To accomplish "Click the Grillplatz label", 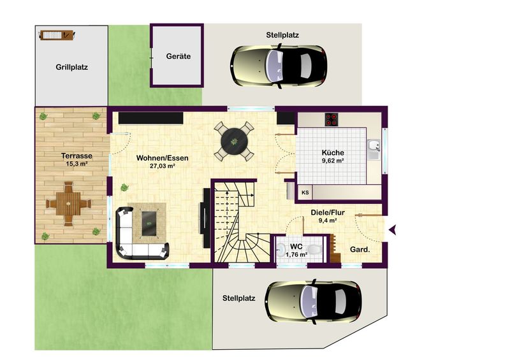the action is pyautogui.click(x=71, y=68).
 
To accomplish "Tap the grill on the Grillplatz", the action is pyautogui.click(x=57, y=35).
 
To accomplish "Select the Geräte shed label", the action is pyautogui.click(x=178, y=56).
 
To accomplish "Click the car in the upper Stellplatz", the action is pyautogui.click(x=279, y=66).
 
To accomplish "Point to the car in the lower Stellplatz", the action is pyautogui.click(x=313, y=302).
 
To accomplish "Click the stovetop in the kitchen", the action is pyautogui.click(x=331, y=119).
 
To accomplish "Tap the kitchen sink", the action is pyautogui.click(x=374, y=149).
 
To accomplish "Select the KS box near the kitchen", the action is pyautogui.click(x=305, y=192).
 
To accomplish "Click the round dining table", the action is pyautogui.click(x=234, y=141).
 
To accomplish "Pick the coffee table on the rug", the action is pyautogui.click(x=149, y=219).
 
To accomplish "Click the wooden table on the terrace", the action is pyautogui.click(x=68, y=204).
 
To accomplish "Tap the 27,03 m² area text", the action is pyautogui.click(x=163, y=166).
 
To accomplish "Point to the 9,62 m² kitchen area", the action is pyautogui.click(x=333, y=161).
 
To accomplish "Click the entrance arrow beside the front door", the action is pyautogui.click(x=393, y=229).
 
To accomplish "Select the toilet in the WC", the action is pyautogui.click(x=314, y=250).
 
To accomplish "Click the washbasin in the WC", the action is pyautogui.click(x=280, y=250).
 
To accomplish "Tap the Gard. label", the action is pyautogui.click(x=360, y=250).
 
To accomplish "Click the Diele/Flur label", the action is pyautogui.click(x=328, y=213).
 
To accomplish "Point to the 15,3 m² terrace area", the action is pyautogui.click(x=76, y=164).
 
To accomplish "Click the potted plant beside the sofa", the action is pyautogui.click(x=124, y=187).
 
